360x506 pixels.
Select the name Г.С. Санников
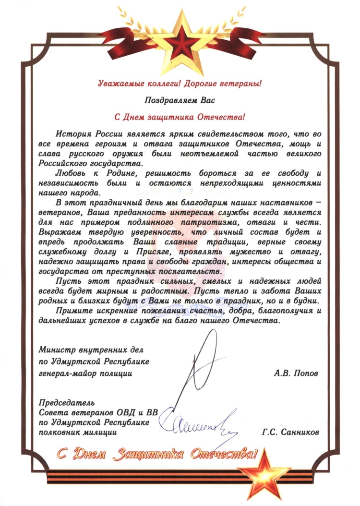click(x=291, y=432)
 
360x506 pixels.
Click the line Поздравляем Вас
click(x=180, y=101)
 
